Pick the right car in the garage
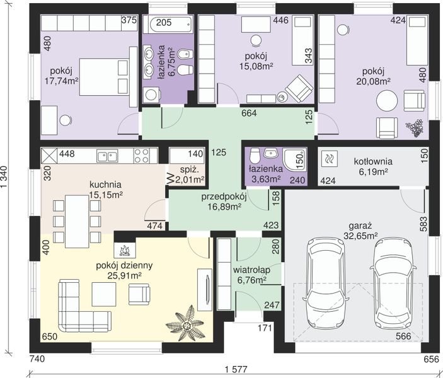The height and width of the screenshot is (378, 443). [393, 282]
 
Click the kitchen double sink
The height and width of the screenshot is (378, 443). [107, 156]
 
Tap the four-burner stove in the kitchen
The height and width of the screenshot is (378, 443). [142, 156]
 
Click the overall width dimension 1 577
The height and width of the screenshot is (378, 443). [236, 369]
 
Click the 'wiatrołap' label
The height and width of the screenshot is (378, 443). [251, 270]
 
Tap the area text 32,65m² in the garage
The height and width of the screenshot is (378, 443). [360, 236]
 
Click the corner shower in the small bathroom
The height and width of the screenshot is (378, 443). [295, 159]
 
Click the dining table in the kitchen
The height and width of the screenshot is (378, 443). [77, 221]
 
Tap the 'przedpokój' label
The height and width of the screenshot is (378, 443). [224, 197]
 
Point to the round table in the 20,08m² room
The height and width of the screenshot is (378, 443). [387, 101]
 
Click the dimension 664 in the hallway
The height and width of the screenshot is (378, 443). [249, 113]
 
